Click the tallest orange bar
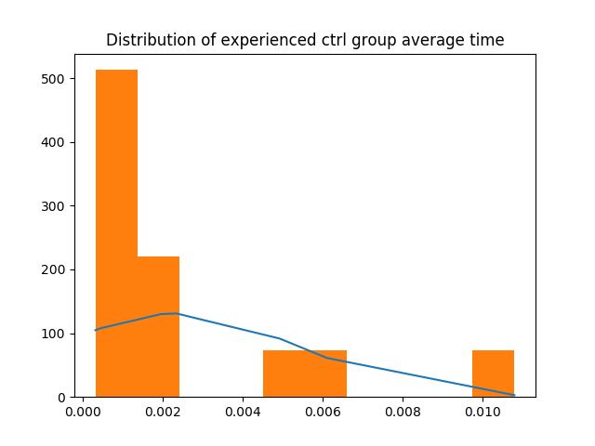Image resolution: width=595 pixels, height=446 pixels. click(x=116, y=232)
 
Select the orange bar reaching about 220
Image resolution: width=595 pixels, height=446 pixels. click(x=158, y=326)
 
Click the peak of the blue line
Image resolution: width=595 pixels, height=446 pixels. click(x=177, y=313)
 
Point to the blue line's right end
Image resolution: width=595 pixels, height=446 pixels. click(x=514, y=395)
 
